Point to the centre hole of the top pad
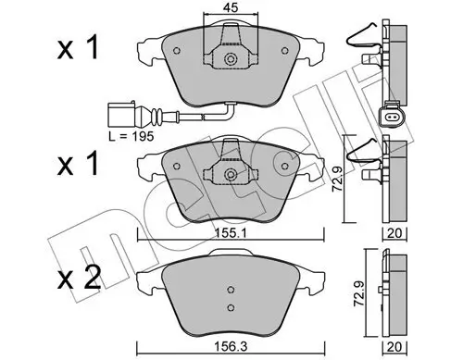coord(229,60)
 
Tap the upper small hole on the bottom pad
coord(229,289)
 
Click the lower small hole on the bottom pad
coord(229,306)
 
